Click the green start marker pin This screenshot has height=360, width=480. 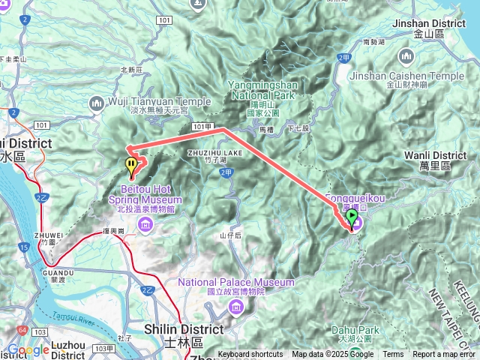[352, 218]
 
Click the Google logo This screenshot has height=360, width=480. [28, 349]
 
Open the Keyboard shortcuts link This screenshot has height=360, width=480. [251, 355]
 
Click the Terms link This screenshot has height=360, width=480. [393, 355]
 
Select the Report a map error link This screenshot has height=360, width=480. [444, 355]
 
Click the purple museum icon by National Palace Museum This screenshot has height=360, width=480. [236, 306]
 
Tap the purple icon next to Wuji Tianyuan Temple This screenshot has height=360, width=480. [97, 102]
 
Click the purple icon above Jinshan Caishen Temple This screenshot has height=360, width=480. [407, 56]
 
